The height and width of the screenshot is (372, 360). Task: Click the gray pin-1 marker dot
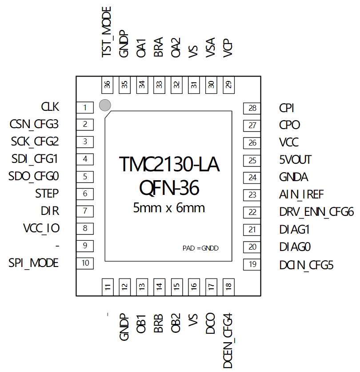pyautogui.click(x=105, y=105)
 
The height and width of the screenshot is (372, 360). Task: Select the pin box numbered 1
pyautogui.click(x=85, y=108)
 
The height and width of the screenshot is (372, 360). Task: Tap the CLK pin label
pyautogui.click(x=50, y=107)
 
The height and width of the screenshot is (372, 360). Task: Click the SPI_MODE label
pyautogui.click(x=33, y=263)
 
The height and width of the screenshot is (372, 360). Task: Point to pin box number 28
pyautogui.click(x=252, y=109)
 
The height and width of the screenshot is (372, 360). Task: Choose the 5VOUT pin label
pyautogui.click(x=295, y=160)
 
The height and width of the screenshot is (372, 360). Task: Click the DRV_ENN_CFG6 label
pyautogui.click(x=316, y=212)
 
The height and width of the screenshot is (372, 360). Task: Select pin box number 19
pyautogui.click(x=252, y=264)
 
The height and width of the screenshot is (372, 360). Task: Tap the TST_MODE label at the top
pyautogui.click(x=106, y=32)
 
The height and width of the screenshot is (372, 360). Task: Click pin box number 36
pyautogui.click(x=108, y=85)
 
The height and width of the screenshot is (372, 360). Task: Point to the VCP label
pyautogui.click(x=228, y=48)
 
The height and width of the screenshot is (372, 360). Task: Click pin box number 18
pyautogui.click(x=229, y=287)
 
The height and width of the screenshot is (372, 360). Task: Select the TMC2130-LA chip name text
pyautogui.click(x=169, y=164)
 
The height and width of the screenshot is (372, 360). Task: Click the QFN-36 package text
pyautogui.click(x=169, y=188)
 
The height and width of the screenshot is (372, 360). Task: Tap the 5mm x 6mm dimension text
pyautogui.click(x=169, y=208)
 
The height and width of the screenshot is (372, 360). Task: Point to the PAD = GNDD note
pyautogui.click(x=200, y=248)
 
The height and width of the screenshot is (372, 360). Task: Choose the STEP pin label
pyautogui.click(x=47, y=194)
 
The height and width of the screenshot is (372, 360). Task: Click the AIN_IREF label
pyautogui.click(x=301, y=195)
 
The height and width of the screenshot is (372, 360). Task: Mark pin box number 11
pyautogui.click(x=108, y=287)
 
